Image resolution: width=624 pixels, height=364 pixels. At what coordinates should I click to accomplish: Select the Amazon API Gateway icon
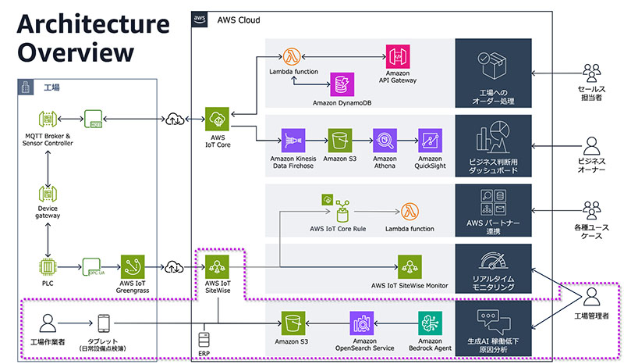(398, 56)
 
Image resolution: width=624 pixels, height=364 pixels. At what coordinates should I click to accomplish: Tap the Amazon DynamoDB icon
(340, 84)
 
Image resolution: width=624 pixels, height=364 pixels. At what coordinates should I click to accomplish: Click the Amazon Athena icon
(385, 141)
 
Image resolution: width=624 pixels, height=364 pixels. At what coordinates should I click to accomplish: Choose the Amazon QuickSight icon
(430, 141)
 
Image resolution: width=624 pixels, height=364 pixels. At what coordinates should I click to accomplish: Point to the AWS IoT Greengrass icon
(133, 268)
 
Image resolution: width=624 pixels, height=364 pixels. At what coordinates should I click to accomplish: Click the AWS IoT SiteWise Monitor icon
(409, 267)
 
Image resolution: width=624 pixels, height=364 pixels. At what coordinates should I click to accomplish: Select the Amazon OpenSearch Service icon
(363, 322)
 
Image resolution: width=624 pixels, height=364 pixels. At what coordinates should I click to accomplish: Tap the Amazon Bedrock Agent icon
(430, 322)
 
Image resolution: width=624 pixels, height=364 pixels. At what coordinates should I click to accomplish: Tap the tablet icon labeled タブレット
(105, 323)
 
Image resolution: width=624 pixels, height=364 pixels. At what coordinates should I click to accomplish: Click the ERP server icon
(204, 339)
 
